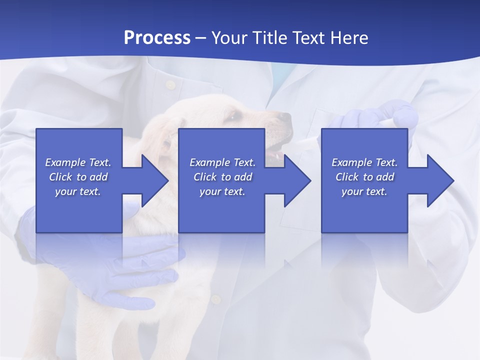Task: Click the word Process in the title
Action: click(157, 37)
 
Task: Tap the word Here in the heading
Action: click(349, 37)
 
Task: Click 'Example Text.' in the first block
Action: click(78, 162)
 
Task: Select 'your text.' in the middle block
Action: click(222, 191)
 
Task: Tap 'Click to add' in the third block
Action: click(364, 177)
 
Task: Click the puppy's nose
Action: click(285, 118)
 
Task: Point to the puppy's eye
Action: click(233, 117)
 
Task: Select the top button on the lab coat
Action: click(170, 84)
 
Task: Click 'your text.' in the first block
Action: click(78, 191)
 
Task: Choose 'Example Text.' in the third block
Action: click(364, 162)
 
